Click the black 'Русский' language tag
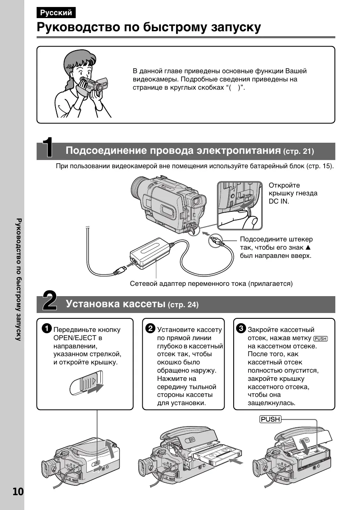tap(56, 13)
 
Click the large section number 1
tap(49, 148)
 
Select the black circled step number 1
tap(47, 329)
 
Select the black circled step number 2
tap(151, 329)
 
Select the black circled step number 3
tap(241, 329)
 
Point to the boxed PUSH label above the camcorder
tap(270, 420)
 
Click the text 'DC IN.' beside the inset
tap(279, 202)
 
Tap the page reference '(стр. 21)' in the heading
tap(299, 152)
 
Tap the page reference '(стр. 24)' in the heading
tap(183, 305)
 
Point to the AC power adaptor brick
tap(150, 254)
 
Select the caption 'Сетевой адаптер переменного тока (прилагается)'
tap(211, 284)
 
